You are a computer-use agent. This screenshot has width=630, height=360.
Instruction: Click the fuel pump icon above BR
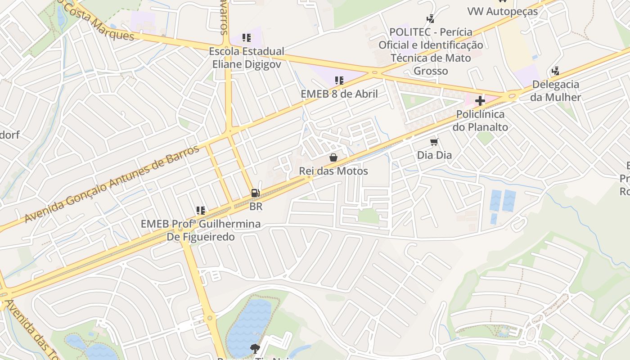pos(255,193)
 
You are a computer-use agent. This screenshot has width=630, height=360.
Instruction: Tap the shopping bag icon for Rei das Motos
pos(333,157)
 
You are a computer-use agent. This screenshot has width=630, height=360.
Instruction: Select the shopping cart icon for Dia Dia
pos(434,142)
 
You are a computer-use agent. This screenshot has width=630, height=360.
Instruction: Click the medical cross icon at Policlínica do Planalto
pos(480,101)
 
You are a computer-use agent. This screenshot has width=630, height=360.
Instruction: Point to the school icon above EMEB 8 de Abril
pos(339,81)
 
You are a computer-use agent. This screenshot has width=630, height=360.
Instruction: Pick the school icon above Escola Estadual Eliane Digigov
pos(246,38)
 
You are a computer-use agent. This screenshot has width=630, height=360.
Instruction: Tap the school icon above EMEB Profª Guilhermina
pos(201,210)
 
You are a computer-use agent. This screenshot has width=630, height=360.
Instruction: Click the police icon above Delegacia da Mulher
pos(556,71)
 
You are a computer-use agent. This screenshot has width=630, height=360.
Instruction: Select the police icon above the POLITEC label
pos(431,18)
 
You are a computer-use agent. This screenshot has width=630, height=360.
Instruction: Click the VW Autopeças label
pos(502,11)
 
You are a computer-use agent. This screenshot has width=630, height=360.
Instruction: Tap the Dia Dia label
pos(434,155)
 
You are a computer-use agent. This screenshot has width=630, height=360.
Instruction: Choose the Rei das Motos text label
pos(333,171)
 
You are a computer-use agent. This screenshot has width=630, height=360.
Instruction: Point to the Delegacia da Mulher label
pos(556,90)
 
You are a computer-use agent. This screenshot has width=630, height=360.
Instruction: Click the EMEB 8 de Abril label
pos(339,94)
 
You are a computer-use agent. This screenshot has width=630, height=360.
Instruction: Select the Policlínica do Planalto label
pos(480,121)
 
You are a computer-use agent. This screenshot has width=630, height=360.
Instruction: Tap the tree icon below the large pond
pos(255,348)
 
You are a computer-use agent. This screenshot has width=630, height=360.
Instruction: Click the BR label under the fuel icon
pos(256,207)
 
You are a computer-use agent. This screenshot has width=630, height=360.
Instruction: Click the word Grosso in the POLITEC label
pos(431,71)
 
